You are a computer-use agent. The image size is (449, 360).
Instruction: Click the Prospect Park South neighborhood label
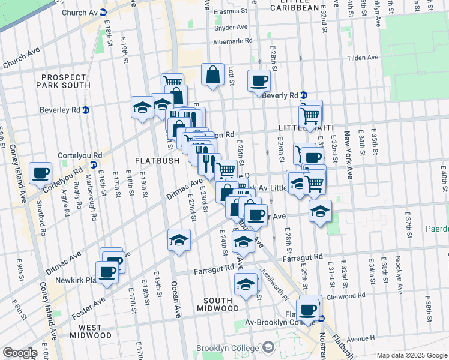tap(66, 81)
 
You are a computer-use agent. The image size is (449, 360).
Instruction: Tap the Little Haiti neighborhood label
tap(300, 128)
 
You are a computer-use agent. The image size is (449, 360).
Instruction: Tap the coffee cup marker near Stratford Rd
tap(41, 173)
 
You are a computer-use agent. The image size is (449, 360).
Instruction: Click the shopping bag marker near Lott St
tap(212, 74)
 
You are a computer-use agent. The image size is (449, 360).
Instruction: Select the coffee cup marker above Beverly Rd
tap(259, 80)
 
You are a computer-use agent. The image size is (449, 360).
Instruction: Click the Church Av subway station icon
tap(103, 12)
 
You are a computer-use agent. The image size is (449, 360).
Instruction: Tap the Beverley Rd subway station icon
tap(86, 110)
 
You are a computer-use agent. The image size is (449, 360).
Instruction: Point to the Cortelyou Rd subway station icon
tap(93, 164)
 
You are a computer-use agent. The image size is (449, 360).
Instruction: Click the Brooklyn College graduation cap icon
tap(269, 347)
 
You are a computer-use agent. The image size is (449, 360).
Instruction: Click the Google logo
tap(20, 353)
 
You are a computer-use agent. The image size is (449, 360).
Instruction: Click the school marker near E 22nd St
tap(178, 239)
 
